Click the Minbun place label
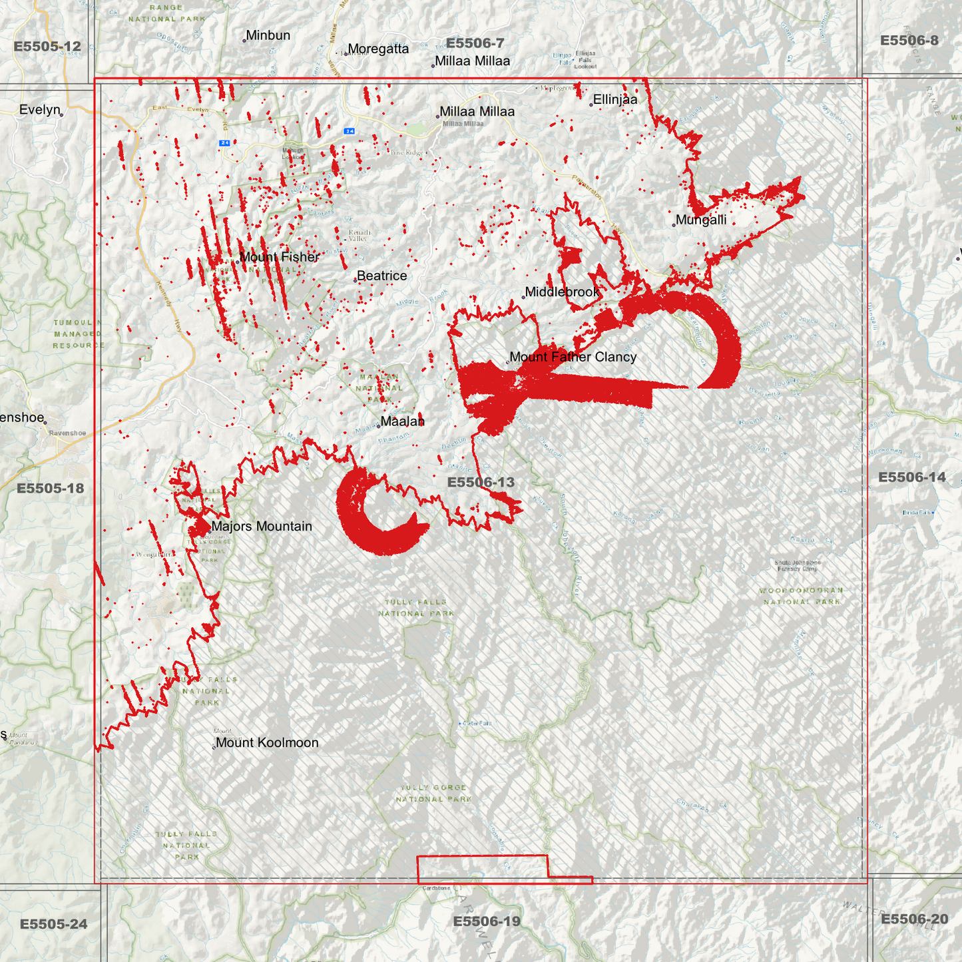click(268, 35)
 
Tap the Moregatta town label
click(378, 49)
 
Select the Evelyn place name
click(40, 110)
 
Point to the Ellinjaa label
click(615, 100)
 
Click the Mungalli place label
click(701, 220)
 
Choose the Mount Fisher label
click(280, 257)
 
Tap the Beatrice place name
click(381, 276)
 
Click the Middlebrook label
click(563, 292)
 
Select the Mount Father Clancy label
click(573, 357)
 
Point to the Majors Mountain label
click(262, 527)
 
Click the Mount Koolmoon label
click(267, 743)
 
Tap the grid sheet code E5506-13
click(481, 482)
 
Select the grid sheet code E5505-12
click(47, 47)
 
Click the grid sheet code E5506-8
click(909, 41)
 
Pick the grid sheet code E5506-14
click(911, 477)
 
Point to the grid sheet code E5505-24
click(53, 924)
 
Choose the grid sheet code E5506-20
click(914, 919)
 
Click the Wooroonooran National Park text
click(802, 596)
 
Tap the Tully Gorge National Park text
click(433, 793)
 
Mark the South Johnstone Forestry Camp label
click(798, 566)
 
